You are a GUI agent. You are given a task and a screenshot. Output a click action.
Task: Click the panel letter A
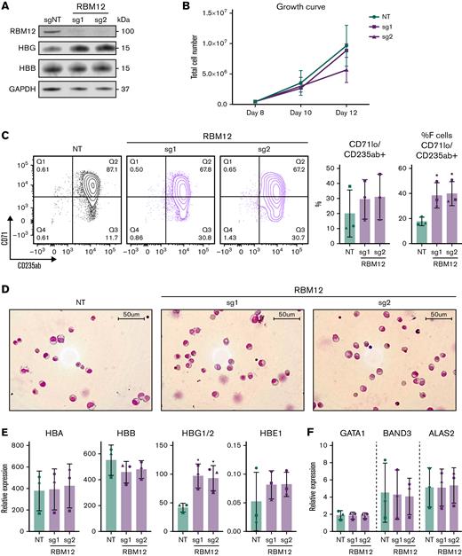[x=6, y=7]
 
